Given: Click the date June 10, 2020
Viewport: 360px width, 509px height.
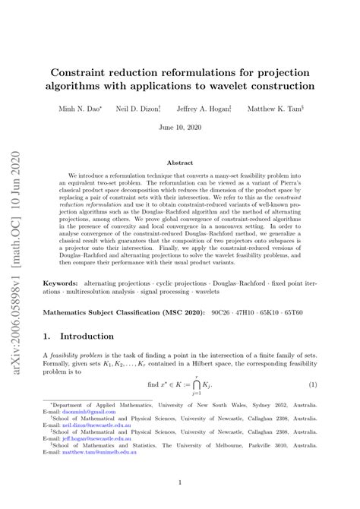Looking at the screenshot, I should (179, 129).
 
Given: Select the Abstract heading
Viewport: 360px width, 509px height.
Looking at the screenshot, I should (179, 162).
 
